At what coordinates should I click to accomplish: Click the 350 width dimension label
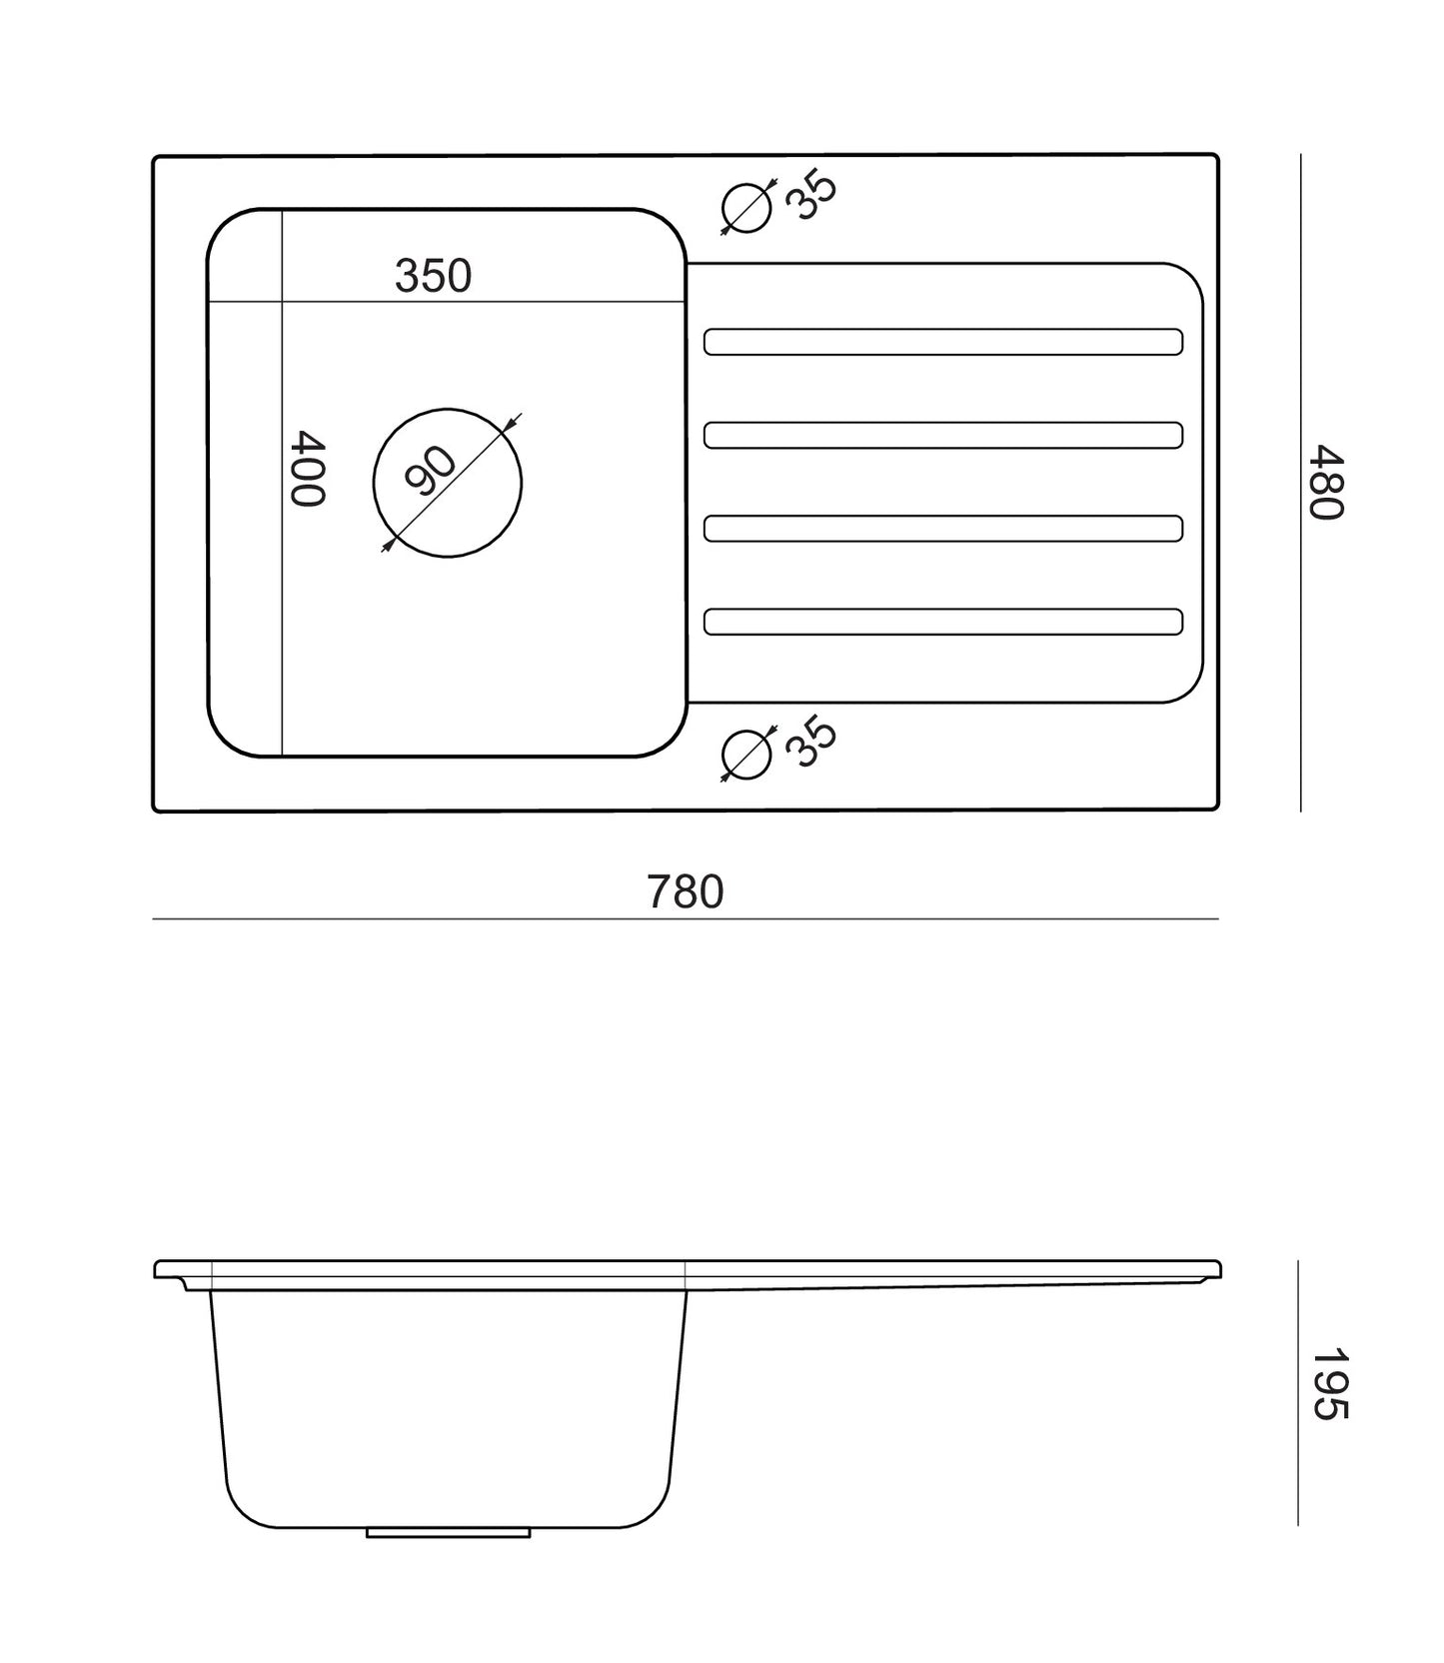[433, 276]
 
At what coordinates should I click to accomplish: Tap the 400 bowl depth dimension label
[307, 469]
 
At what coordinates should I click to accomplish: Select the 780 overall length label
[685, 891]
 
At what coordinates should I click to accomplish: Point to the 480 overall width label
[1327, 482]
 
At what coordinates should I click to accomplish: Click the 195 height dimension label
[1329, 1384]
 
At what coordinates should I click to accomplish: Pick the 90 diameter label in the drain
[431, 471]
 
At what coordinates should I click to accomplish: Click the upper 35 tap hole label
[810, 196]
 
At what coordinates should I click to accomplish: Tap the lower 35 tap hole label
[810, 742]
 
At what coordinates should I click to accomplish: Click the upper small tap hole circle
[747, 208]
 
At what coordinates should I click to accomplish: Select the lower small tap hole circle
[747, 755]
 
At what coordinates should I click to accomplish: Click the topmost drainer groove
[943, 342]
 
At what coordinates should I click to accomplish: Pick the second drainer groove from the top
[943, 436]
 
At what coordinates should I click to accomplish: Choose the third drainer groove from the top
[943, 529]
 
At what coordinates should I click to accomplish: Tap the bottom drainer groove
[943, 622]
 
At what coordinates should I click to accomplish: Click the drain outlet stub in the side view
[448, 1532]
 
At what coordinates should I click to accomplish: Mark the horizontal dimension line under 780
[686, 918]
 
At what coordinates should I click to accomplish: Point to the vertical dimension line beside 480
[1300, 483]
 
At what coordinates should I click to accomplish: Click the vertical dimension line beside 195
[1298, 1392]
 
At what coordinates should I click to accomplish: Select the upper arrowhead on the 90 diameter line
[511, 423]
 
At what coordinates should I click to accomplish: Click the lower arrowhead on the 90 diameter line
[388, 545]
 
